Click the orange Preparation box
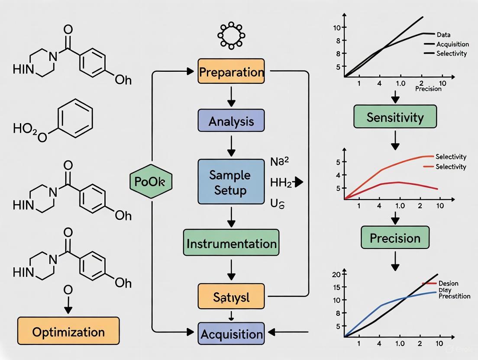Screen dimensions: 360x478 (231, 71)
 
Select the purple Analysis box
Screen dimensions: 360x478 (231, 121)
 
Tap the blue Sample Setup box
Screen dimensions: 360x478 (231, 182)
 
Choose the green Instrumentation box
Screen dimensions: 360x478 (231, 243)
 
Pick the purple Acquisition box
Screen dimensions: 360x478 (231, 334)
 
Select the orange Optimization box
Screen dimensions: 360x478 (68, 332)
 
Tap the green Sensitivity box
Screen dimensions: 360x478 (395, 117)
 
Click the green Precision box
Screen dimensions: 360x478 (395, 238)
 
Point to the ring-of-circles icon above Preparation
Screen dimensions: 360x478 (231, 35)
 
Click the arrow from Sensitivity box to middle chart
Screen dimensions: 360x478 (395, 139)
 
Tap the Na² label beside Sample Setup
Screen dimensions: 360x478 (279, 162)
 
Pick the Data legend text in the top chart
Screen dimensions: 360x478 (443, 35)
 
